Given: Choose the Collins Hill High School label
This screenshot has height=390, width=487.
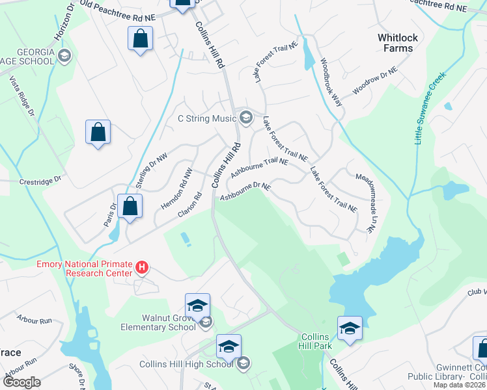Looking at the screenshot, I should click(x=186, y=363).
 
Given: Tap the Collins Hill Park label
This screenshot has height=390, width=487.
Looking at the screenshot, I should click(x=318, y=341).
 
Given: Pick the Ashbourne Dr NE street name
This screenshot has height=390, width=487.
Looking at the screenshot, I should click(x=245, y=191).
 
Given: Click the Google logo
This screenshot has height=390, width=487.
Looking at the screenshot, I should click(x=21, y=382).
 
